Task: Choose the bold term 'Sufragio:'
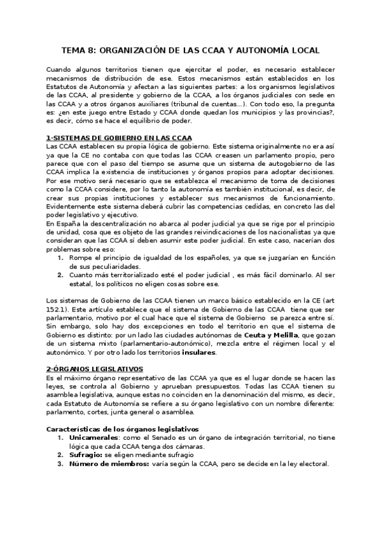(x=85, y=454)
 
